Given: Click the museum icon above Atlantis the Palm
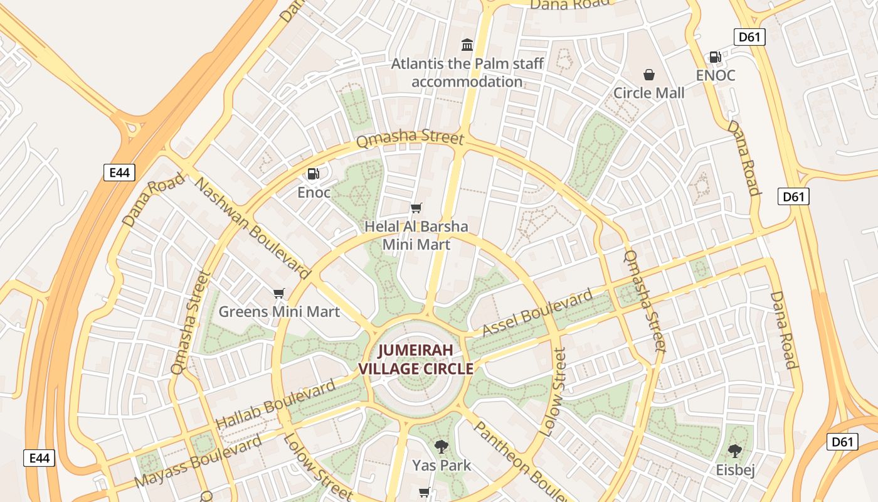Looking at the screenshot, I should (467, 45).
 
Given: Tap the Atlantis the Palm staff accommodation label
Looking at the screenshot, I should (467, 73).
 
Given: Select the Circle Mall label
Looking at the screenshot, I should (648, 93).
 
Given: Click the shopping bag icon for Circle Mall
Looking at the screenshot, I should (649, 75).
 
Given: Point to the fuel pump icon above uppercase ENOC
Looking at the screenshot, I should (715, 57).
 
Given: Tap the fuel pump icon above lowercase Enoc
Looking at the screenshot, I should (313, 174).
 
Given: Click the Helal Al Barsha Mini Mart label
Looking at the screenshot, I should (416, 235).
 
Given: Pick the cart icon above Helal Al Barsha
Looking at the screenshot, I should (416, 208).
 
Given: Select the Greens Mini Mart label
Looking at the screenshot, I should (279, 311).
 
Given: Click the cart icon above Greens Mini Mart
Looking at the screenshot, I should (279, 293).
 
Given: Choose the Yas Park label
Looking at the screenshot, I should (442, 466).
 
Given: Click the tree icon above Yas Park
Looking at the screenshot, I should (442, 447).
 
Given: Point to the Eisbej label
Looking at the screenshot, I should (735, 470).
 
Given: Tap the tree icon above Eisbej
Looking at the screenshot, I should (735, 451).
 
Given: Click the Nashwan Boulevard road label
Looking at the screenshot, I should (253, 228).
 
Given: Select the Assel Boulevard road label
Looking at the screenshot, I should (537, 313).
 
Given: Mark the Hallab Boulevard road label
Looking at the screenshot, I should (275, 405).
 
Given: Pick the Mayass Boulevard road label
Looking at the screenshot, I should (198, 461).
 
